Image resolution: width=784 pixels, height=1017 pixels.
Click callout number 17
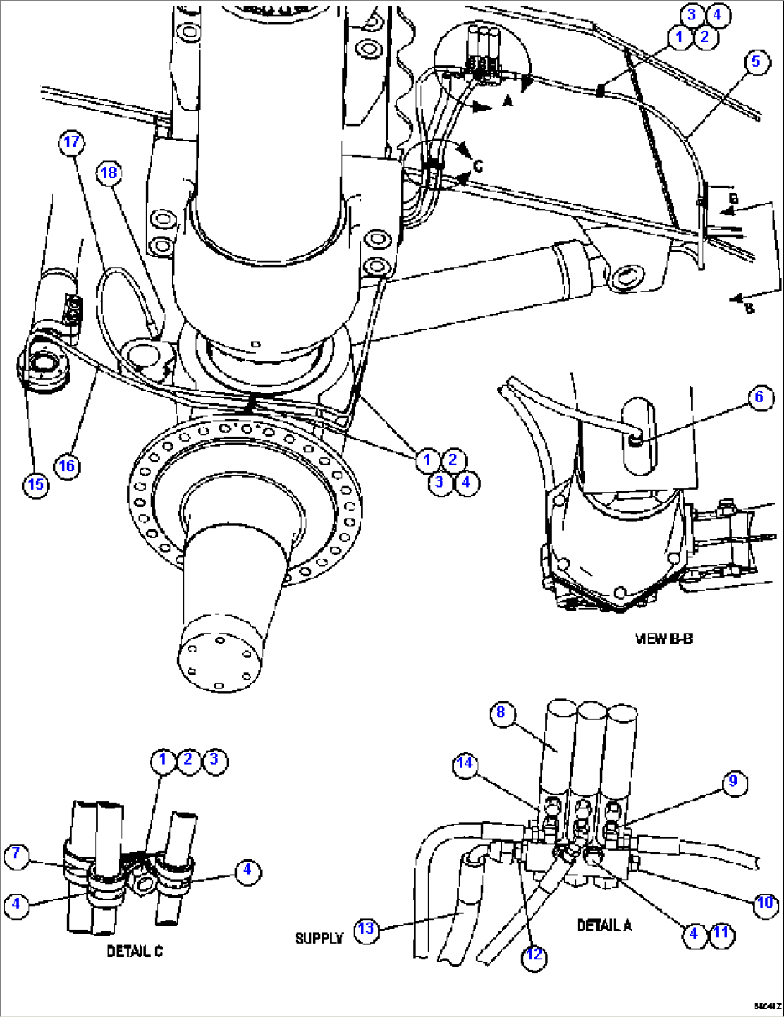71,142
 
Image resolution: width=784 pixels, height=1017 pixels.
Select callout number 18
108,173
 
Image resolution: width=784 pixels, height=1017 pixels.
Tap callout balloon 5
755,62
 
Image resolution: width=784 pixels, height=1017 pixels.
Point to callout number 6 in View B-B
760,397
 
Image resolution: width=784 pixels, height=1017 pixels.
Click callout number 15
35,484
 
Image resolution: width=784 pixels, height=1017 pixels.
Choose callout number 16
67,466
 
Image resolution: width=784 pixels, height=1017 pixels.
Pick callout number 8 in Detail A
501,713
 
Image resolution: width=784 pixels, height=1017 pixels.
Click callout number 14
465,763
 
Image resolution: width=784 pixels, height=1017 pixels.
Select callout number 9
733,782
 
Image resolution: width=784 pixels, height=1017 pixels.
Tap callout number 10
765,903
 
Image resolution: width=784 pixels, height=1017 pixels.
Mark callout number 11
721,934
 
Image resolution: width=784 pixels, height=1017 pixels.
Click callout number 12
533,955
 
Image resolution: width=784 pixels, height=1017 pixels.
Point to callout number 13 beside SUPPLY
366,929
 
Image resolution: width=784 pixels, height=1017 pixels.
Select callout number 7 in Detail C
17,856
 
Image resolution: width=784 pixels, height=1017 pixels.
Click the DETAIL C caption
135,952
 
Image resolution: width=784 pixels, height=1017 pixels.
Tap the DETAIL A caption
603,925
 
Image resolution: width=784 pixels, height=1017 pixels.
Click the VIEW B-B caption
663,639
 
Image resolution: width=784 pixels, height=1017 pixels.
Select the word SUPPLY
319,938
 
